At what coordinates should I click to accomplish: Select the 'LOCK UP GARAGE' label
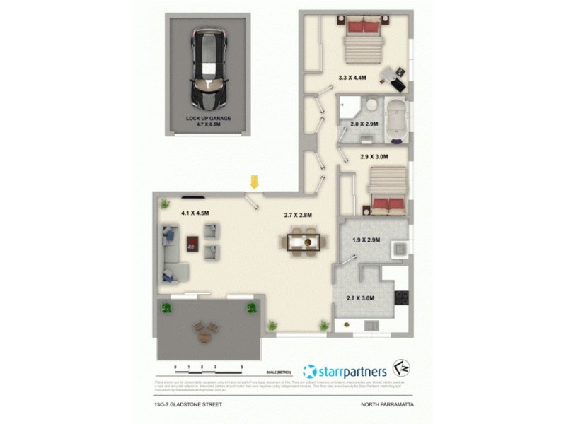(x=208, y=118)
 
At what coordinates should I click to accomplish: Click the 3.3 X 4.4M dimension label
(x=352, y=78)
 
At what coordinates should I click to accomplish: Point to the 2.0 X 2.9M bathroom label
(x=364, y=124)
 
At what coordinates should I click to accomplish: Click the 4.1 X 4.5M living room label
(x=195, y=212)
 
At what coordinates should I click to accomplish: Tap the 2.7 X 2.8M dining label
(x=298, y=215)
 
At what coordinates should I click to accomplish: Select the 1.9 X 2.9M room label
(x=366, y=240)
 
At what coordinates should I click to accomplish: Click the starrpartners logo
(x=345, y=370)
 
